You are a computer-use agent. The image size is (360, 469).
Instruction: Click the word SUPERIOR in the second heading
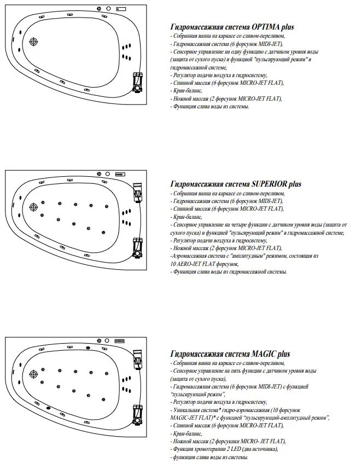(x=273, y=184)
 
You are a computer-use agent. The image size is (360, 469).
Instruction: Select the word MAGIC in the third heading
(x=265, y=354)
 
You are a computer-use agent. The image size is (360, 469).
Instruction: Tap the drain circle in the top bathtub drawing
(x=34, y=42)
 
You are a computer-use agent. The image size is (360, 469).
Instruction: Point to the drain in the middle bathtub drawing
(x=33, y=207)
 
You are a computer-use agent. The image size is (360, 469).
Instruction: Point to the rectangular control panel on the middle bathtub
(x=121, y=175)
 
